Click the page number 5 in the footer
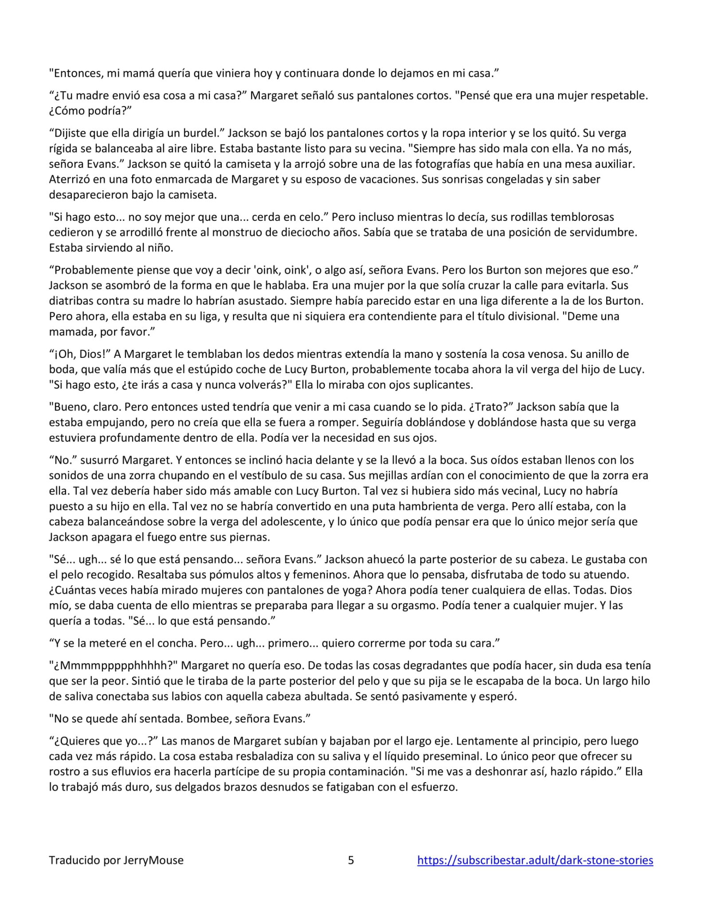(351, 860)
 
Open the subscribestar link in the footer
(535, 860)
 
